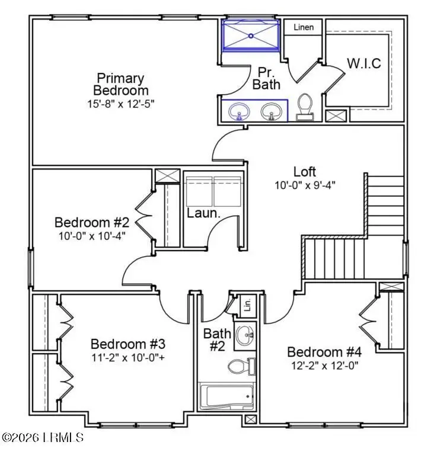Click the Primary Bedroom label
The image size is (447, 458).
point(121,84)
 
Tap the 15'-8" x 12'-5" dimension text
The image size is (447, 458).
point(121,103)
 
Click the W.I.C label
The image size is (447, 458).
point(363,63)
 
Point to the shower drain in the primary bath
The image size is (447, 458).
point(251,36)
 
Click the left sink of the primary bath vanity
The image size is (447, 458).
point(240,111)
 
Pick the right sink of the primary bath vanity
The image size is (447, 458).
point(272,111)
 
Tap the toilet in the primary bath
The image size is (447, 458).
point(305,107)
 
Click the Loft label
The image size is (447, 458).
point(305,172)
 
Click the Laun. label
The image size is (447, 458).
point(204,213)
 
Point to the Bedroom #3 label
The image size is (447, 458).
point(127,344)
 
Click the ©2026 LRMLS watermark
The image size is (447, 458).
point(43,438)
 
